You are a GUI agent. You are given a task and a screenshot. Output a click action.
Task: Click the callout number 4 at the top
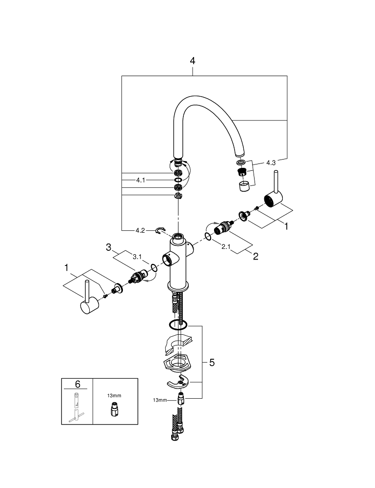click(193, 61)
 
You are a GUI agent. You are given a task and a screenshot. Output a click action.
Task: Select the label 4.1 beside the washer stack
click(140, 180)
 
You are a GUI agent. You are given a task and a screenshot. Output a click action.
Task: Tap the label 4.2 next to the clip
click(140, 230)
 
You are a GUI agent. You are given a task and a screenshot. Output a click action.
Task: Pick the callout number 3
click(109, 248)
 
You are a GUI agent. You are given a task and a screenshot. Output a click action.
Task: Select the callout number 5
click(212, 363)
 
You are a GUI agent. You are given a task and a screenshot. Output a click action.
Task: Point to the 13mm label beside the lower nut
click(159, 400)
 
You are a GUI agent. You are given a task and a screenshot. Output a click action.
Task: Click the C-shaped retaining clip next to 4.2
click(160, 230)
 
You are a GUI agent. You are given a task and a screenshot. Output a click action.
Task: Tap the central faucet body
click(178, 264)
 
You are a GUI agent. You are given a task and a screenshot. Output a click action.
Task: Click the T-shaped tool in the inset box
click(76, 407)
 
